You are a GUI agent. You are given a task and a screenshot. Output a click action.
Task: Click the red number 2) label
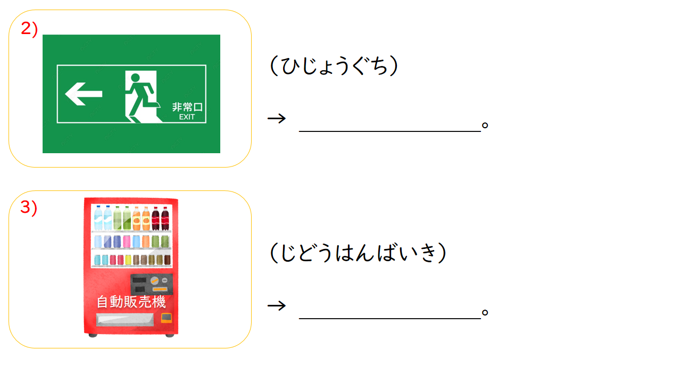click(29, 29)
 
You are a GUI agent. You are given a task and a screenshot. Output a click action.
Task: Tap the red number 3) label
click(29, 207)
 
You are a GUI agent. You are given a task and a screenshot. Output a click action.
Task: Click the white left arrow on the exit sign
click(84, 94)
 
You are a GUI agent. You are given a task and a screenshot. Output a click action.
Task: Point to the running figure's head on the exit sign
click(135, 78)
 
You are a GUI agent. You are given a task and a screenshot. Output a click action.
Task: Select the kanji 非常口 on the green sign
click(187, 107)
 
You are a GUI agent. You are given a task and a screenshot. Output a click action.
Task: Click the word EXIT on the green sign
click(187, 117)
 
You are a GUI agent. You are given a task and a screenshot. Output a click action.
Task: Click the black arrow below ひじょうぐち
click(277, 118)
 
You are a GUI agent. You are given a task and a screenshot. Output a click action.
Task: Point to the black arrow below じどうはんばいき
click(277, 305)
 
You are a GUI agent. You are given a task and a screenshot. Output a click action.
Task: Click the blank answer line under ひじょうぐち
click(390, 131)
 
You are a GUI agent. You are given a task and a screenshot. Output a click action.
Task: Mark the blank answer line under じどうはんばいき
click(390, 319)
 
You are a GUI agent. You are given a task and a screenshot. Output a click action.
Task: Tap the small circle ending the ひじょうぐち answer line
click(485, 125)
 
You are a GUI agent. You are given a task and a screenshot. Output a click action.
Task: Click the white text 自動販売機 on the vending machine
click(131, 302)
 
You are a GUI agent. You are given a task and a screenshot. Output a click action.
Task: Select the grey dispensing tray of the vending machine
click(125, 320)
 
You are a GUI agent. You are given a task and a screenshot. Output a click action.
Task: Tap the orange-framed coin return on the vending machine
click(167, 318)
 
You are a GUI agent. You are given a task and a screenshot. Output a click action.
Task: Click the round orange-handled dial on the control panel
click(155, 280)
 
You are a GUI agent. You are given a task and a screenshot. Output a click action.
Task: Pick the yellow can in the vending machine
click(128, 260)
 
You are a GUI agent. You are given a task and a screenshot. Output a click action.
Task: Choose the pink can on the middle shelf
click(127, 242)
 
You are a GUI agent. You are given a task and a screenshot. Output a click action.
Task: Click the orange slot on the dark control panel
click(160, 289)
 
